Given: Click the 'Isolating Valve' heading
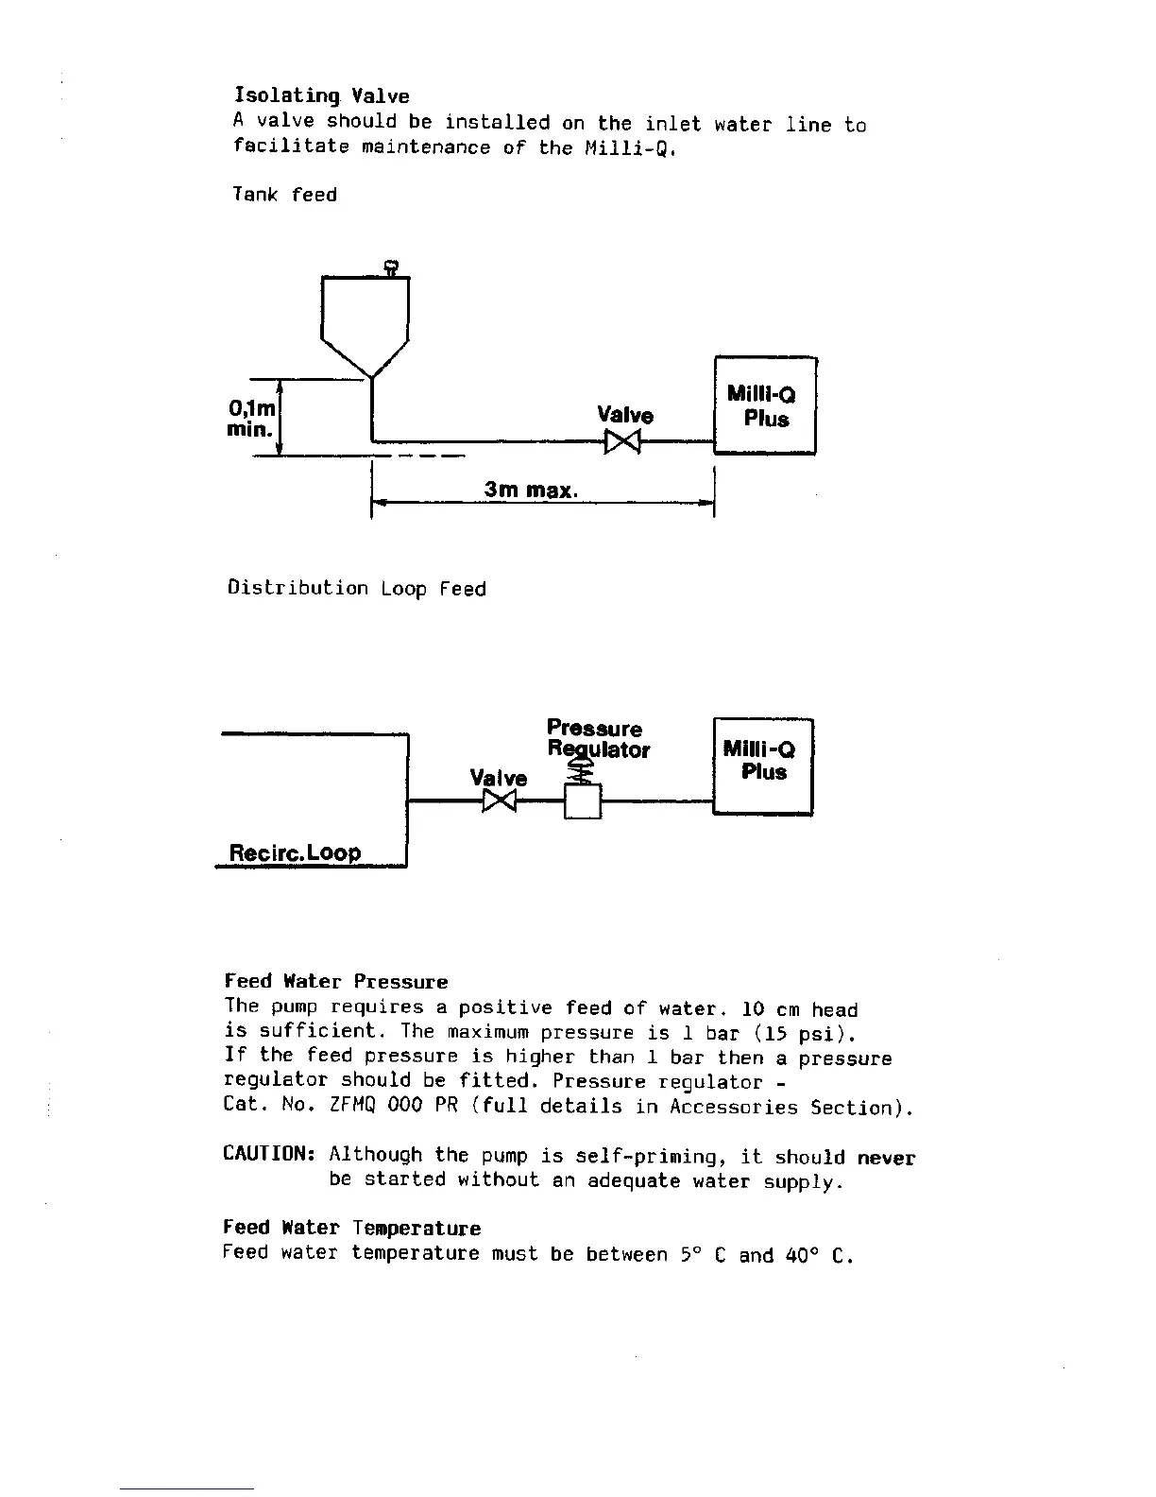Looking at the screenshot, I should pos(321,95).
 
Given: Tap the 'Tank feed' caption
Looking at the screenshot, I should pos(284,195).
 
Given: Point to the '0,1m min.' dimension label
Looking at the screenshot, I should pos(251,419).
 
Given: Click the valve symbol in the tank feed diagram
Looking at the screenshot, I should pos(622,441).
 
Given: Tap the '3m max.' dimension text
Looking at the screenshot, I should pos(531,490).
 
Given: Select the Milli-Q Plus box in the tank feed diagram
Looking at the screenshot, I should pos(765,406).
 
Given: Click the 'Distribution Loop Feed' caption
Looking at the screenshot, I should pos(357,589).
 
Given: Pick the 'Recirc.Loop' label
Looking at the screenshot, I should pos(295,852).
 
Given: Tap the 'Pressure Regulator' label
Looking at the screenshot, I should pos(597,739).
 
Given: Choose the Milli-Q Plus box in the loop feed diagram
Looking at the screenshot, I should pos(762,766).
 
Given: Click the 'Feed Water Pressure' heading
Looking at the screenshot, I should pos(335,982).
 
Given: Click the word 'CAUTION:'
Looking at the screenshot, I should pos(268,1155).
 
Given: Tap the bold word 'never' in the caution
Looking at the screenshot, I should pos(886,1158).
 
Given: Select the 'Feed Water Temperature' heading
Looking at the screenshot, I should pos(351,1229).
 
